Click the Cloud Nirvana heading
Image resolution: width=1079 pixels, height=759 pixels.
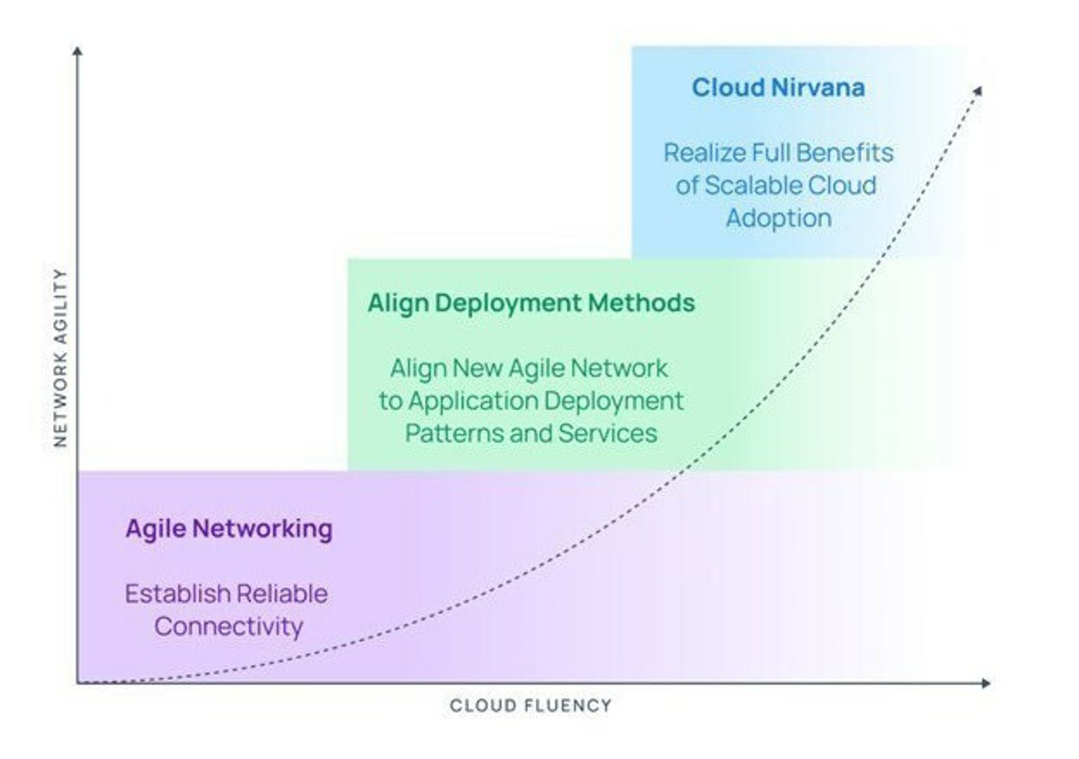779,88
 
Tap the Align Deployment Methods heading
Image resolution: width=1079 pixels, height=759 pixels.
531,304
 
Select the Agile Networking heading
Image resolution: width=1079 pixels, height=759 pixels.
228,529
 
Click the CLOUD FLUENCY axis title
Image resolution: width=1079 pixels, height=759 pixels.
531,706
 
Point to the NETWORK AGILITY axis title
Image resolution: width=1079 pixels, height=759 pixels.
61,358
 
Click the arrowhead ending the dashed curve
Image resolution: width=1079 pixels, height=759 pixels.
977,91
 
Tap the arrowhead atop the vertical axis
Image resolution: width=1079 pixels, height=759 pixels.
77,50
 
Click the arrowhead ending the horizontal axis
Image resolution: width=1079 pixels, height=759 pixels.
986,683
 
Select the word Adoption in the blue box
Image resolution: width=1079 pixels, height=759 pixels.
779,219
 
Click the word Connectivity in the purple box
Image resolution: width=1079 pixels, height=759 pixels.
228,627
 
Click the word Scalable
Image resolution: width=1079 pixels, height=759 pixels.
753,185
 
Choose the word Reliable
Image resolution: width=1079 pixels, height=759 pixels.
282,594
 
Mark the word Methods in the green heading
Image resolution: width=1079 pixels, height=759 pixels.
642,303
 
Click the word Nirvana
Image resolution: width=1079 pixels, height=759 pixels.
818,88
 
